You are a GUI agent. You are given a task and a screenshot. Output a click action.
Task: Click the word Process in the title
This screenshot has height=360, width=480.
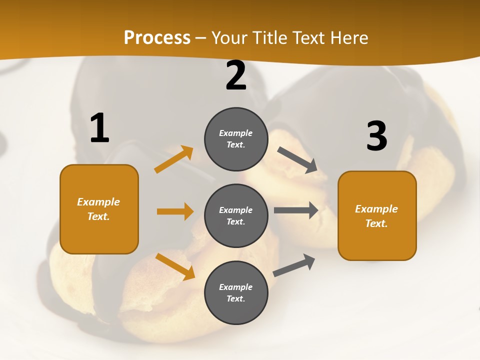157,38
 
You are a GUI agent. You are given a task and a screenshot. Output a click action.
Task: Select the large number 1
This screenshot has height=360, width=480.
99,128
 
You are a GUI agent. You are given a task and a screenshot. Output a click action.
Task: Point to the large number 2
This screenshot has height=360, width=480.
236,75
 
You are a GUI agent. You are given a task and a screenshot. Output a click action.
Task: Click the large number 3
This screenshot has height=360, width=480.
376,136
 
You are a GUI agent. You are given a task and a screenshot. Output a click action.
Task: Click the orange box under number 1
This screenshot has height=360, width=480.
99,209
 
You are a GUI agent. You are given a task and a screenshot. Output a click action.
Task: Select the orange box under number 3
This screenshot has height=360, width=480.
377,215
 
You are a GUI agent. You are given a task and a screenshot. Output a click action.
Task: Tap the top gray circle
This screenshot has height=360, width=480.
236,139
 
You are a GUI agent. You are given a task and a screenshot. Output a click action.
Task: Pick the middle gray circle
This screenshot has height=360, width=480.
236,215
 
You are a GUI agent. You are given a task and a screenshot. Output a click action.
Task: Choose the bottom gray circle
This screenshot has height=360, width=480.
236,292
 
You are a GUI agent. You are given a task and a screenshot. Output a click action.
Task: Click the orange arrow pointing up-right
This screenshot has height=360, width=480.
174,159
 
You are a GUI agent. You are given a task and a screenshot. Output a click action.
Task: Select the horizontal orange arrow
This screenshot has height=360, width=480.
175,211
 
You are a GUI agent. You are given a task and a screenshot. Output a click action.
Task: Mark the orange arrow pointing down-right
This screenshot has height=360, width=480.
175,266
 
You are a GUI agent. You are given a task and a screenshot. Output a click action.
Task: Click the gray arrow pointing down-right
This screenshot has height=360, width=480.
297,160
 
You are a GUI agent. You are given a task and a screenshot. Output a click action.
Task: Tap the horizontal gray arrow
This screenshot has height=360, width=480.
296,210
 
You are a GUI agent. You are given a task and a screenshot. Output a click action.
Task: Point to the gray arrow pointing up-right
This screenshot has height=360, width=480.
294,265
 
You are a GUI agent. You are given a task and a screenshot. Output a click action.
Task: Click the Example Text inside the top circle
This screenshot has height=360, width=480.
236,139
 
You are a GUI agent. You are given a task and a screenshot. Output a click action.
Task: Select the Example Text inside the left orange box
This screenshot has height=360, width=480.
98,209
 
